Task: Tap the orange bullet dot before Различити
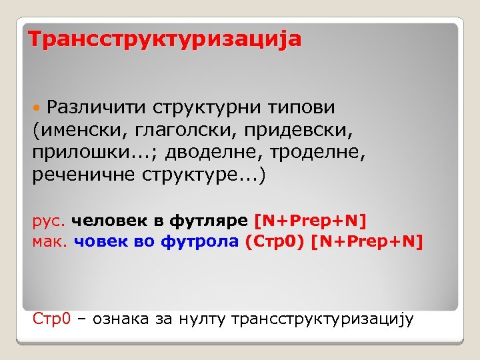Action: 39,107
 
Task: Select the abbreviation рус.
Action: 49,221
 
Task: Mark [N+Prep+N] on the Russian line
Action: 311,220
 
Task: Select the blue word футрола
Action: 199,242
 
